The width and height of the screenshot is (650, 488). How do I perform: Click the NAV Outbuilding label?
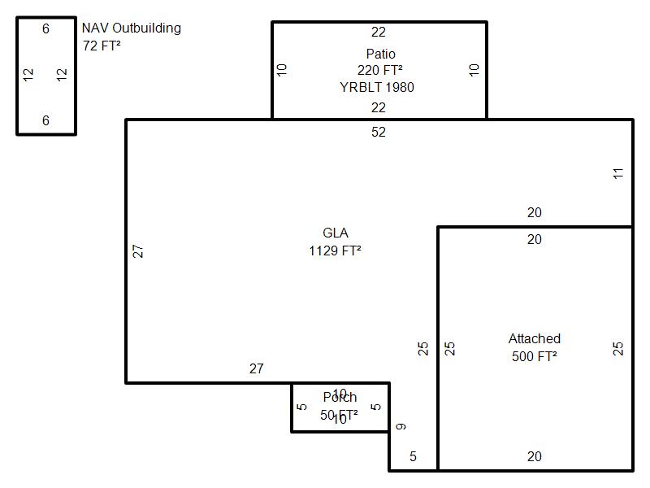[131, 28]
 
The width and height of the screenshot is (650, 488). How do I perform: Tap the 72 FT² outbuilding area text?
[102, 46]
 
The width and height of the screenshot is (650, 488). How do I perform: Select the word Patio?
[380, 54]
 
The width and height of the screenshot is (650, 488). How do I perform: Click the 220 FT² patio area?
[380, 70]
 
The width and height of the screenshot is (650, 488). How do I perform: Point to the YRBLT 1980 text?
[377, 87]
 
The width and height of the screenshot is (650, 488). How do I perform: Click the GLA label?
[336, 233]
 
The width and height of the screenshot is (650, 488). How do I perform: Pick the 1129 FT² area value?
[335, 251]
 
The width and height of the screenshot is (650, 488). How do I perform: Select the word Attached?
[535, 339]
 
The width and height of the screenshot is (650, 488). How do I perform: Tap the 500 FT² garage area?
[535, 356]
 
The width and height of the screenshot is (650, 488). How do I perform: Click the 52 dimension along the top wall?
[379, 132]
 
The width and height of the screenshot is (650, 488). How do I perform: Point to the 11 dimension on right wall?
[618, 173]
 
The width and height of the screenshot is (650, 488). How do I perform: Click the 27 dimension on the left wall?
[138, 251]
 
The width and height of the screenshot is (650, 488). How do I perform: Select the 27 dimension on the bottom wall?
[257, 369]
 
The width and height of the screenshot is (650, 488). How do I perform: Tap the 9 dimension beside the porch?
[401, 426]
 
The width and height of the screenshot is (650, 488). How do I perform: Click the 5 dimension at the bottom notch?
[413, 457]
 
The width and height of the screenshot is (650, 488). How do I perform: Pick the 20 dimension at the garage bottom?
[534, 457]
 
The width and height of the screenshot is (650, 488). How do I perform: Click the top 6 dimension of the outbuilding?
[46, 29]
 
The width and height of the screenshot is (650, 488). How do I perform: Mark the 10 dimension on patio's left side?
[282, 70]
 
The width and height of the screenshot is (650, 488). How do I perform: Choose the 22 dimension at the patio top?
[379, 33]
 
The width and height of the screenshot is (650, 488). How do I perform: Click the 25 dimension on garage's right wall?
[618, 348]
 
